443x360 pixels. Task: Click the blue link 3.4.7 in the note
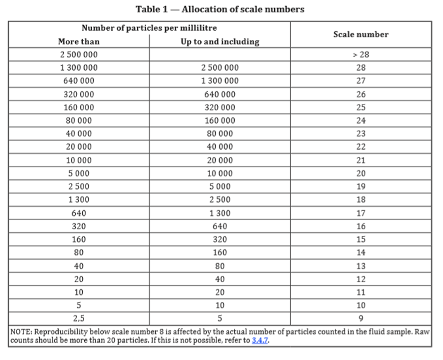tap(260, 340)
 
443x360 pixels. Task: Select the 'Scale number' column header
tap(361, 35)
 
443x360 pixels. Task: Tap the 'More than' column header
tap(79, 42)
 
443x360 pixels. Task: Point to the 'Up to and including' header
tap(220, 42)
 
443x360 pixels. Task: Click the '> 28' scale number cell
tap(361, 54)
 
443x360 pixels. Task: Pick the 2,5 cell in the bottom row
tap(79, 318)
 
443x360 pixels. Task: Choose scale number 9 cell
tap(361, 318)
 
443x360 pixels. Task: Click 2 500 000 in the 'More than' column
tap(79, 54)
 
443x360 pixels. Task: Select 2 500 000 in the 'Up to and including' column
tap(220, 68)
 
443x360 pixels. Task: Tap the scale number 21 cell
tap(361, 160)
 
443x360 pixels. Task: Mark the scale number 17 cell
tap(361, 213)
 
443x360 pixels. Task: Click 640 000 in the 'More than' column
tap(79, 81)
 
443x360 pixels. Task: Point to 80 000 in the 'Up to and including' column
tap(220, 134)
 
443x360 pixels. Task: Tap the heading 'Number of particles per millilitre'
tap(149, 28)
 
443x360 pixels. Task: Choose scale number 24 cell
tap(361, 120)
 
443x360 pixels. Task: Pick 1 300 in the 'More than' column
tap(79, 200)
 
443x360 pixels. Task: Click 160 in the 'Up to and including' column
tap(220, 252)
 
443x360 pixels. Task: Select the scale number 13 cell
tap(361, 266)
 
